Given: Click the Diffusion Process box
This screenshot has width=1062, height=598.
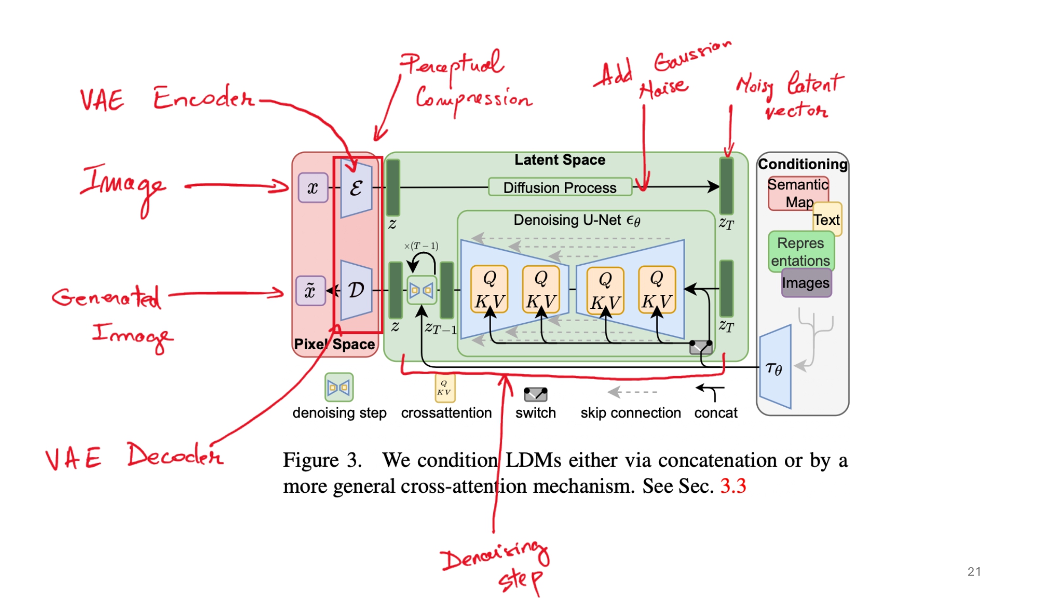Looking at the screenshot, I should coord(560,187).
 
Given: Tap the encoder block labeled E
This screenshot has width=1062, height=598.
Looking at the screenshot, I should coord(356,188).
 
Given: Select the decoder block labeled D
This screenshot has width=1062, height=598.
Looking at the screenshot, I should coord(356,290).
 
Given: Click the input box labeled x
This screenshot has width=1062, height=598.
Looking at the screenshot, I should coord(313,188).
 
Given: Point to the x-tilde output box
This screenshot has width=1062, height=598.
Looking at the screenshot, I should coord(310,291).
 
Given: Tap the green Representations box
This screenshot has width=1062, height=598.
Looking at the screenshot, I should coord(801,251).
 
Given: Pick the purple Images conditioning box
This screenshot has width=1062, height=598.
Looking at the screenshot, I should coord(806,283).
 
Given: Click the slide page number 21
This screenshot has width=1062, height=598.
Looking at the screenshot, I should coord(974,571).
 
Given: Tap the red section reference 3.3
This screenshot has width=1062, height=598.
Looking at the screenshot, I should coord(733,486).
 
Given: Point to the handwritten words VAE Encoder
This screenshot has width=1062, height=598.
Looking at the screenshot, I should coord(167,98).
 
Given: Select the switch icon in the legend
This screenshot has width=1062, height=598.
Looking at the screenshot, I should coord(535,394).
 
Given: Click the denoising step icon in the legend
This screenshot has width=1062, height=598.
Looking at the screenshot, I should coord(339,388).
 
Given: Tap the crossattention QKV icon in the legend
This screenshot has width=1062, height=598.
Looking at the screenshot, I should coord(444,388).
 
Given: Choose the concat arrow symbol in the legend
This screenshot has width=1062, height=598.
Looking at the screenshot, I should coord(711,392).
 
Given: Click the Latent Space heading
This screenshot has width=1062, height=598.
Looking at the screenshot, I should coord(560,160).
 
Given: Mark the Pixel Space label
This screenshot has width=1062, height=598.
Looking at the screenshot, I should coord(335,344).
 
